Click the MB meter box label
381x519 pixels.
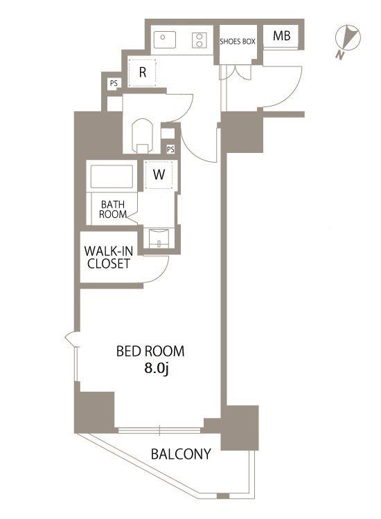coord(282,36)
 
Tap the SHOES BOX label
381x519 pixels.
coord(238,42)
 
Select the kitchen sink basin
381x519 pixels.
coord(165,39)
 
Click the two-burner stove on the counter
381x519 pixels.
coord(200,40)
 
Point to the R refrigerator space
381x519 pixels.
coord(143,73)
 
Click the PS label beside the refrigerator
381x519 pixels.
coord(114,83)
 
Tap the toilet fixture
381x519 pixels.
coord(143,136)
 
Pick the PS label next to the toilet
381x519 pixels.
coord(170,149)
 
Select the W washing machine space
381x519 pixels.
coord(159,175)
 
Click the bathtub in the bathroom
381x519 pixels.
coord(112,176)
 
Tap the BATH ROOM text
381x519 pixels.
coord(113,209)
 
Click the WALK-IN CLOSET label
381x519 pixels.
coord(108,257)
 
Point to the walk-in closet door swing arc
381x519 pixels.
coord(161,274)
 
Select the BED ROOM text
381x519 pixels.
coord(150,351)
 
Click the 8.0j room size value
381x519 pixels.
coord(157,368)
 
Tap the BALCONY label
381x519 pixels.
coord(181,454)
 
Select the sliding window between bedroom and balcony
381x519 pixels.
coord(159,430)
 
